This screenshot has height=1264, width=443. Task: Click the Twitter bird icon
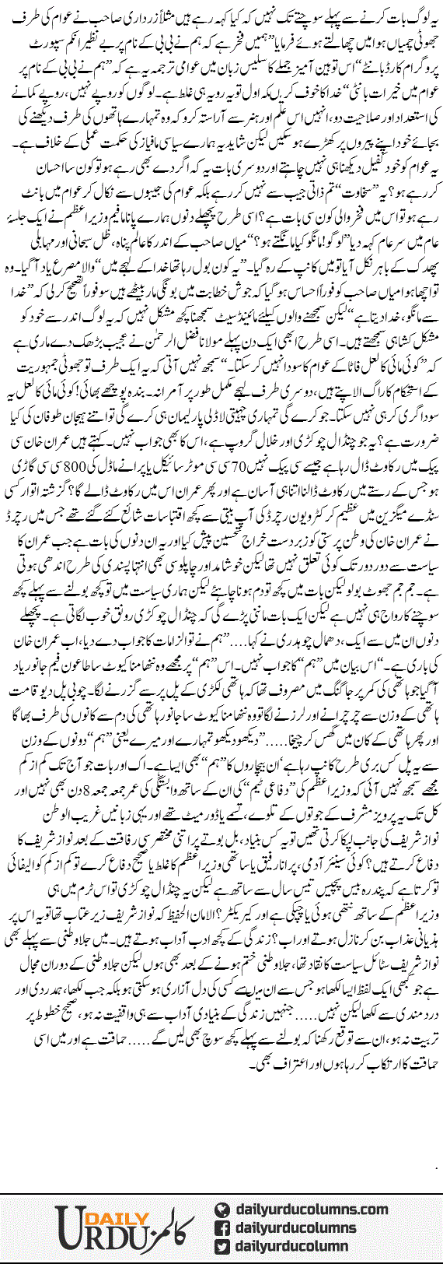223,1247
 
